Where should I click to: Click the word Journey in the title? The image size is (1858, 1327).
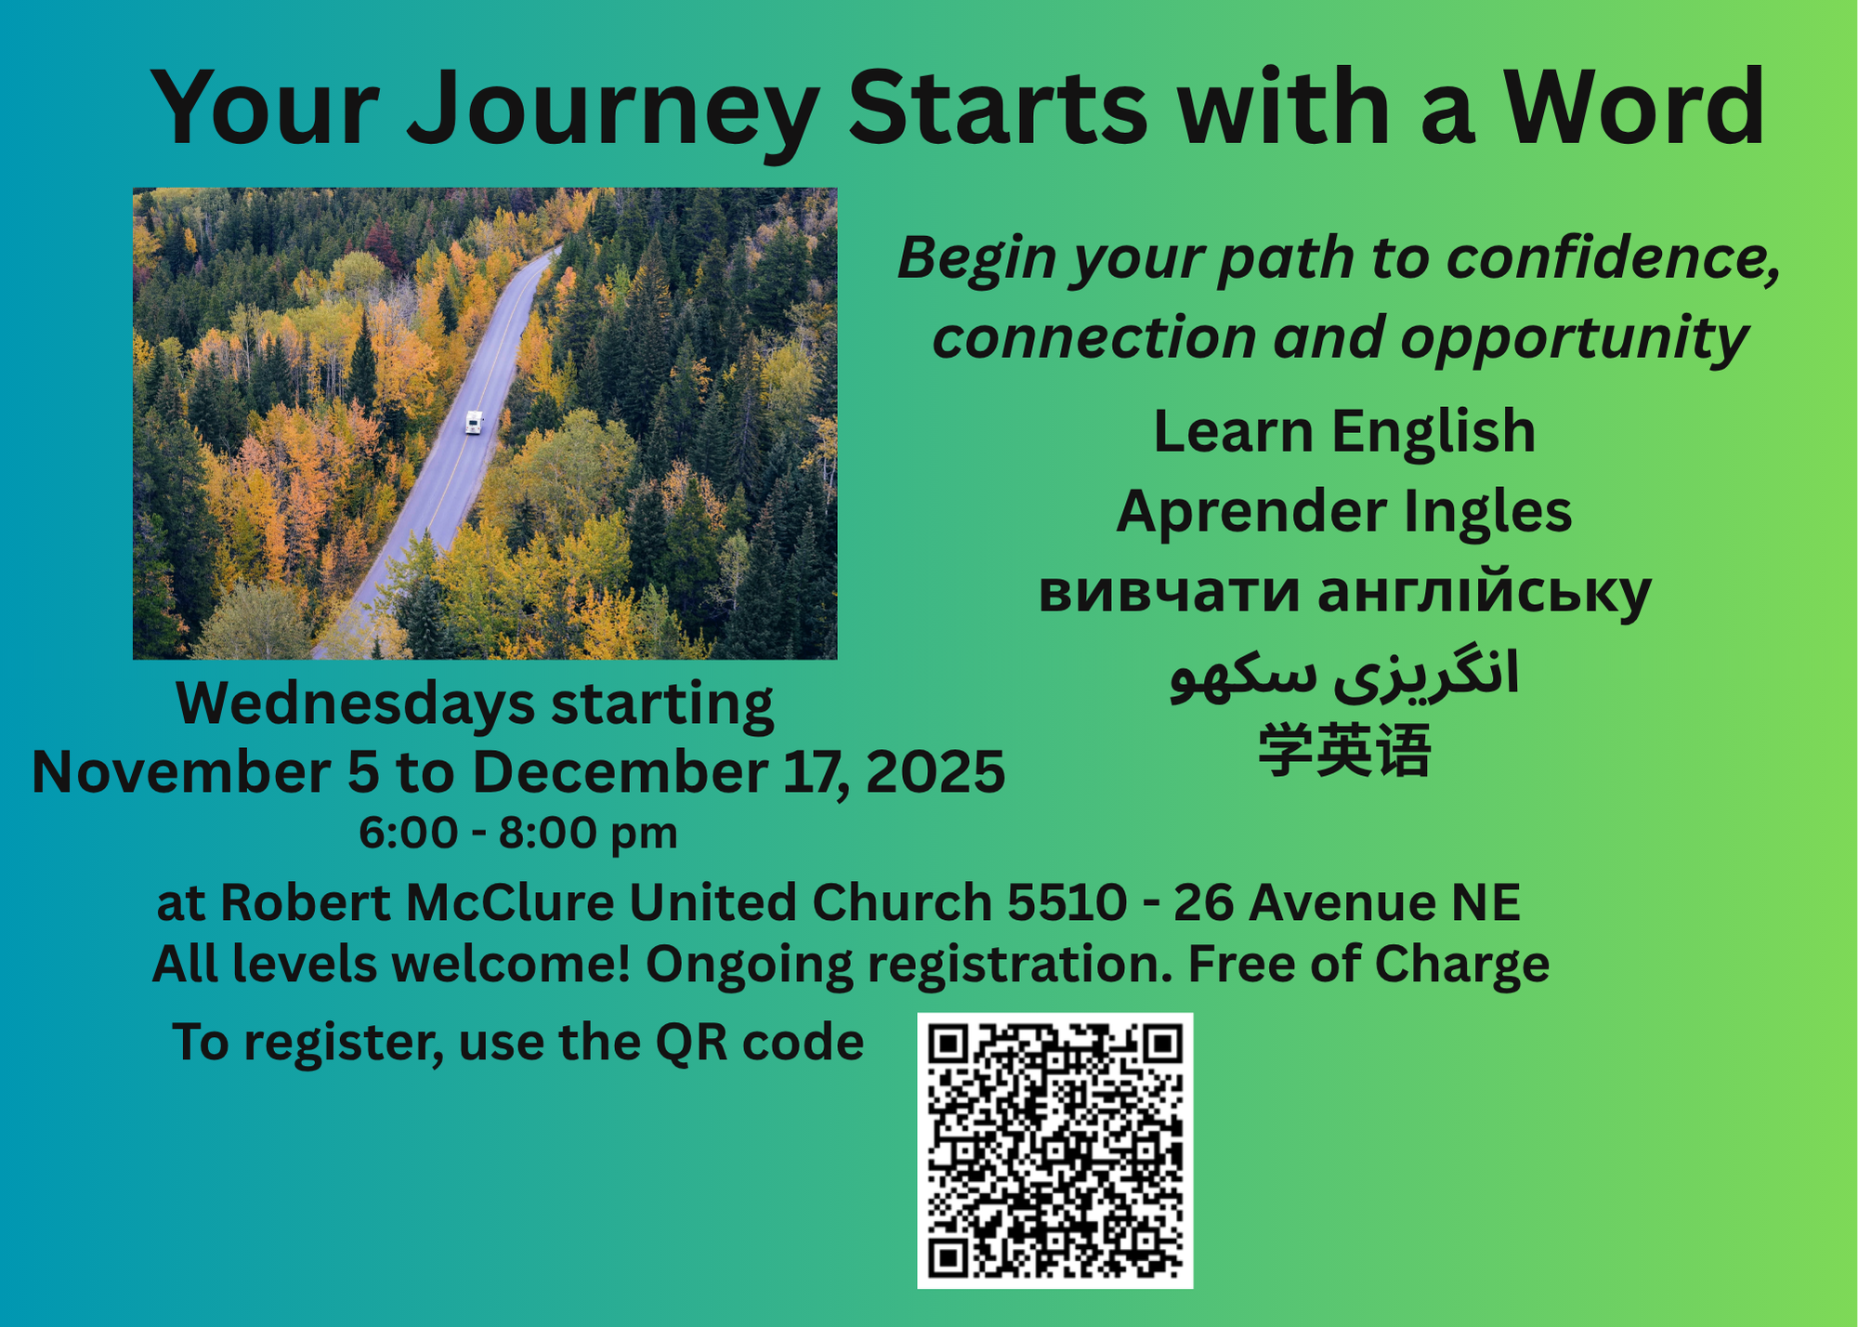pos(613,110)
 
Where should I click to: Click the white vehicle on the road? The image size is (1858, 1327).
pos(474,423)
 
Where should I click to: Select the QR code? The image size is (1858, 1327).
pos(1054,1150)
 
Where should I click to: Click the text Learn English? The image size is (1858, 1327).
pos(1344,432)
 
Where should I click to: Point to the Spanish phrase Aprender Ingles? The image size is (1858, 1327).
pos(1344,512)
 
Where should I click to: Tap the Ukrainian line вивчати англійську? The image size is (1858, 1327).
pos(1344,592)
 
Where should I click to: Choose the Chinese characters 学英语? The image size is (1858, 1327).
pos(1344,751)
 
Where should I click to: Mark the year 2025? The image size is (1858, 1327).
pos(936,772)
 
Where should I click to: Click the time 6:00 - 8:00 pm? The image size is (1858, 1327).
pos(518,833)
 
